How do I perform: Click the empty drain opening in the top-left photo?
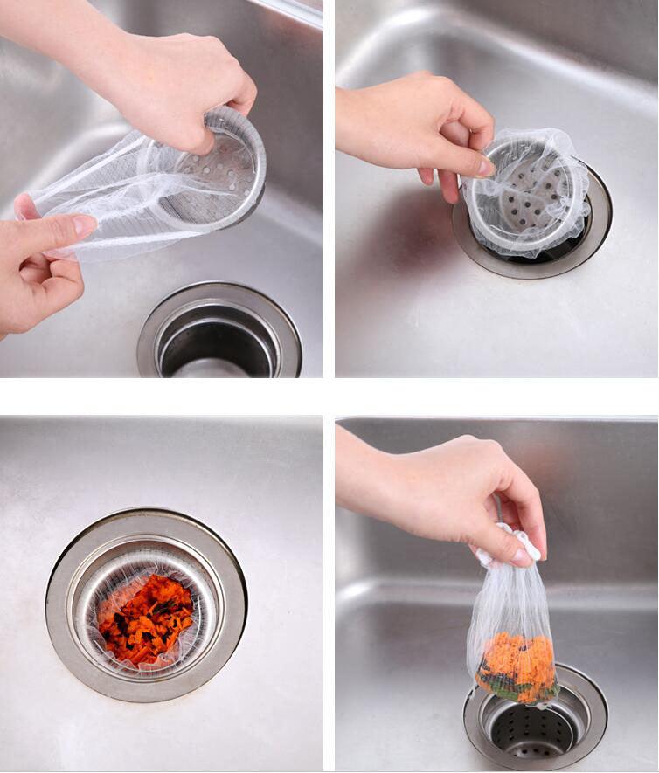tap(219, 336)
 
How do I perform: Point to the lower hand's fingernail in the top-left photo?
tap(85, 225)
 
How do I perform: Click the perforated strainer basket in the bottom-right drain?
tap(533, 734)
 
